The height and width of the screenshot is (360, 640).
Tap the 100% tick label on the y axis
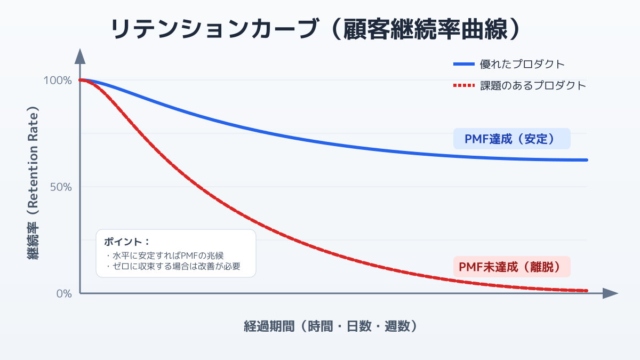point(58,81)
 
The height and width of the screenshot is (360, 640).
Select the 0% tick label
point(63,293)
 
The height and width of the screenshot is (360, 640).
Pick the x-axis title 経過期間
point(330,326)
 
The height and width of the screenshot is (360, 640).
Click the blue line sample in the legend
point(463,65)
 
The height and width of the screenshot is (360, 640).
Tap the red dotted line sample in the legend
point(463,85)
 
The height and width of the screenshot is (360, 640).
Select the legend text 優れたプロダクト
point(522,65)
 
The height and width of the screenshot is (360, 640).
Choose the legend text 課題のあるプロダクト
point(533,85)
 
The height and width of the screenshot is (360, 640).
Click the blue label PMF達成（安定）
point(511,139)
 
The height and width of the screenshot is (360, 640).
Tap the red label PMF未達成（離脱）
point(511,267)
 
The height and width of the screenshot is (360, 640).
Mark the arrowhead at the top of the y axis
point(80,55)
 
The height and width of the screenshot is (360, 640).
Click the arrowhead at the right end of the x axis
point(611,293)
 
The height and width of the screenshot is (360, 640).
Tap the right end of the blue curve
point(586,160)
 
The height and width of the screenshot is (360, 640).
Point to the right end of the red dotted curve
point(586,291)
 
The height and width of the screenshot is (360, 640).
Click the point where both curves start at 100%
point(81,80)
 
